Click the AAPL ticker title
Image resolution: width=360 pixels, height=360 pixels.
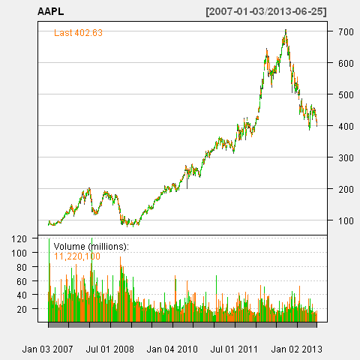click(x=51, y=11)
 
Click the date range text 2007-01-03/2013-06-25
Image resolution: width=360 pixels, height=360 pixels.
click(x=266, y=11)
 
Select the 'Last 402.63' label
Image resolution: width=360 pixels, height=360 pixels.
click(x=78, y=33)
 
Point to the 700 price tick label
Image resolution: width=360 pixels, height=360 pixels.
click(x=346, y=31)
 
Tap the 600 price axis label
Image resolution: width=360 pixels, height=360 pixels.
click(x=346, y=63)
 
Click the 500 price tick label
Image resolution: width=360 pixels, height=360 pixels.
click(x=346, y=94)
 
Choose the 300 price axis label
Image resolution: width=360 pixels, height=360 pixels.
click(x=346, y=157)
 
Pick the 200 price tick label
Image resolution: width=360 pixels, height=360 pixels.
click(x=346, y=189)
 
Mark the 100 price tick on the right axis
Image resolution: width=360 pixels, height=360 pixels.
click(x=346, y=220)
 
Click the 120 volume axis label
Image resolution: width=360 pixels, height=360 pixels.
click(x=19, y=238)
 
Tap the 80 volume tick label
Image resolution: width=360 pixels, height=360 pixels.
click(x=22, y=267)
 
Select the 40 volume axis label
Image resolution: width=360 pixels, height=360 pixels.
click(x=22, y=295)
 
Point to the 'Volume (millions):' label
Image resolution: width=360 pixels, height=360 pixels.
click(x=91, y=247)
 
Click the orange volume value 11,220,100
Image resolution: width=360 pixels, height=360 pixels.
click(x=77, y=256)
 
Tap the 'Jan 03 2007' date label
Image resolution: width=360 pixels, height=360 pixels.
click(x=47, y=349)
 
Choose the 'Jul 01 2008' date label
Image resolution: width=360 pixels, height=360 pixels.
click(x=110, y=349)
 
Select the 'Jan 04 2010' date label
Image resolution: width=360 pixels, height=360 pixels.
click(x=172, y=349)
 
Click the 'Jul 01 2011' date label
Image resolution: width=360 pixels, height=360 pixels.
click(x=234, y=349)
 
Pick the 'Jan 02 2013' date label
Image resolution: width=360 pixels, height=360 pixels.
click(x=297, y=349)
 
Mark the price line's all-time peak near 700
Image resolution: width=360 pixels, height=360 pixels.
click(x=286, y=30)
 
